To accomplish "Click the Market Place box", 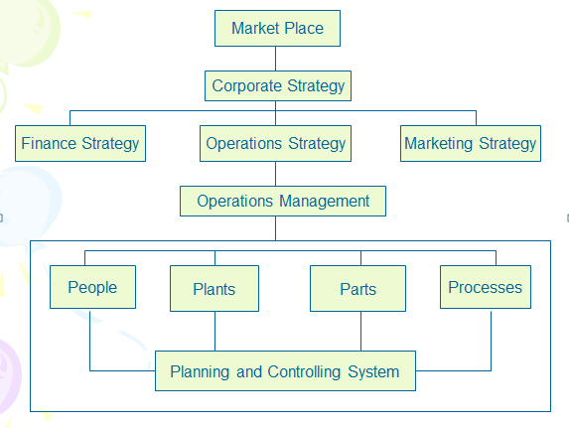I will click(277, 28).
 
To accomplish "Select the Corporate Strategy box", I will click(278, 85).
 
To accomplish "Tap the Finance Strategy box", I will click(80, 143).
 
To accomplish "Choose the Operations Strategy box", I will click(276, 143).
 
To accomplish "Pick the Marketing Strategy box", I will click(470, 143).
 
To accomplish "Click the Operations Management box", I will click(283, 201).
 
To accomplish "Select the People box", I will click(92, 287).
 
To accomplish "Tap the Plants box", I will click(214, 289).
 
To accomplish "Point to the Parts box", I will click(357, 289).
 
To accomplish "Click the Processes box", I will click(485, 287).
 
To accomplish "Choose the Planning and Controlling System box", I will click(285, 372).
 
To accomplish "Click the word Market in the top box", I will click(254, 28).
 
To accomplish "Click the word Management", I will click(325, 201).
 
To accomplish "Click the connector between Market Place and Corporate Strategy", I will click(277, 58).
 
